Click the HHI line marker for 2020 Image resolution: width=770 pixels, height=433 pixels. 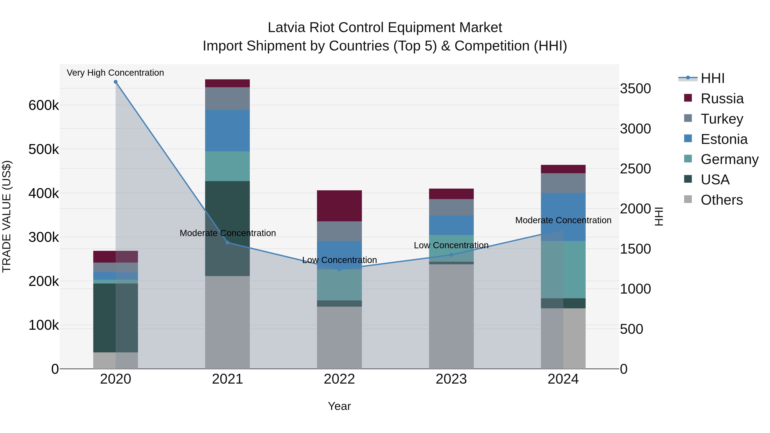pyautogui.click(x=116, y=82)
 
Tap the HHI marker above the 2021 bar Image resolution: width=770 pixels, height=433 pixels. pyautogui.click(x=228, y=243)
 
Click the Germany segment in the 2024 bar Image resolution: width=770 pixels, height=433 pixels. pyautogui.click(x=563, y=270)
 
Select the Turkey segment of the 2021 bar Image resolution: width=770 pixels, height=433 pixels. pyautogui.click(x=228, y=99)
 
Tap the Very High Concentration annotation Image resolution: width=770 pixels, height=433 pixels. pyautogui.click(x=115, y=73)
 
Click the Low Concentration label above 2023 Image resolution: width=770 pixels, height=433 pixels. pyautogui.click(x=451, y=245)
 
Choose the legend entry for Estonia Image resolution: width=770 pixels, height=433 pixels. pyautogui.click(x=724, y=139)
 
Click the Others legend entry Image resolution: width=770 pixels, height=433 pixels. pyautogui.click(x=722, y=200)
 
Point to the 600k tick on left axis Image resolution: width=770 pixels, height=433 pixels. pyautogui.click(x=44, y=105)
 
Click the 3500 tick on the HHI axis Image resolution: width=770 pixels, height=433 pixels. pyautogui.click(x=635, y=89)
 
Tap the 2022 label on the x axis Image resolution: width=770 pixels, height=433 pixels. pyautogui.click(x=339, y=379)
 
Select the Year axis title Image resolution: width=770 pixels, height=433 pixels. pyautogui.click(x=339, y=406)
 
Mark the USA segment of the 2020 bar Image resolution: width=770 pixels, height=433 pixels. pyautogui.click(x=116, y=318)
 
